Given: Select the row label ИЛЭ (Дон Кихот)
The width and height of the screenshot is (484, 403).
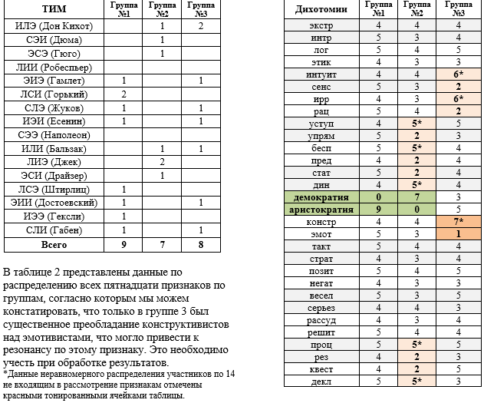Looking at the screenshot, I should coord(54,26).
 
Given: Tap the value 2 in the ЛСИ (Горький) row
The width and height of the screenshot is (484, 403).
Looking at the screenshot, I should coord(123,94).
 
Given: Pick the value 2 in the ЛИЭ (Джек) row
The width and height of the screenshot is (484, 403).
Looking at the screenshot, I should coord(163,162).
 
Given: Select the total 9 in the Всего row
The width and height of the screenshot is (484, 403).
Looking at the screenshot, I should coord(123,245).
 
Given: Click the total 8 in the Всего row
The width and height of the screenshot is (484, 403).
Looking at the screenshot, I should coord(200,245).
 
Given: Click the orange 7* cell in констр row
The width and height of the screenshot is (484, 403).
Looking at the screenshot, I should coord(458,222).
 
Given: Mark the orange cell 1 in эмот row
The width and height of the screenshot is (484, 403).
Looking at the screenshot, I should coord(458,234).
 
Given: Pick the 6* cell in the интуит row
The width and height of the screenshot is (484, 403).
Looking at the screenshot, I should coord(458,74).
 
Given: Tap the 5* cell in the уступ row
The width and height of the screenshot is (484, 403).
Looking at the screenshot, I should coord(417,124).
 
